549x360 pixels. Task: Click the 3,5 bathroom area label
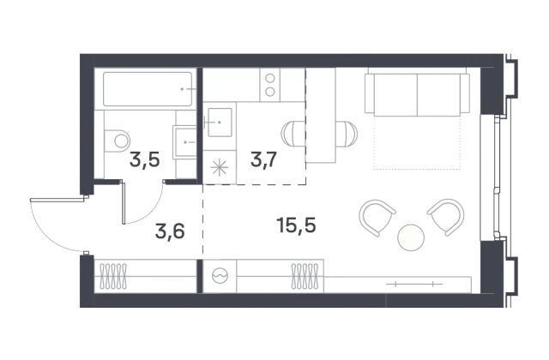click(145, 159)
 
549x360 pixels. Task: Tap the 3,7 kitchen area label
click(264, 159)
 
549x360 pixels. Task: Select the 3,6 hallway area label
click(170, 231)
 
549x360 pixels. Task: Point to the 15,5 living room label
click(296, 225)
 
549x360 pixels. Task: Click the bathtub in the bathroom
click(148, 89)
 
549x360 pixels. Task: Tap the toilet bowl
click(118, 141)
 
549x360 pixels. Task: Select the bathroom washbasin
click(184, 142)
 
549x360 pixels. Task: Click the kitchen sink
click(220, 123)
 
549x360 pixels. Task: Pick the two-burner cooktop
click(270, 85)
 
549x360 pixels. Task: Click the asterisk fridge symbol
click(220, 168)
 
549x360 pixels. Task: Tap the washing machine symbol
click(220, 276)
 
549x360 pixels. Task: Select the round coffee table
click(411, 237)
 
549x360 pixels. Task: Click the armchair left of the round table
click(377, 217)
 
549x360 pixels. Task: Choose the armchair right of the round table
click(446, 217)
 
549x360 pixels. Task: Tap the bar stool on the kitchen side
click(293, 134)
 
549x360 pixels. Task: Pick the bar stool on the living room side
click(347, 134)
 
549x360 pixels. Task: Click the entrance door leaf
click(58, 200)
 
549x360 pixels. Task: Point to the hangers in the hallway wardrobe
click(113, 276)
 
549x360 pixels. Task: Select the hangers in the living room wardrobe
click(305, 276)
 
